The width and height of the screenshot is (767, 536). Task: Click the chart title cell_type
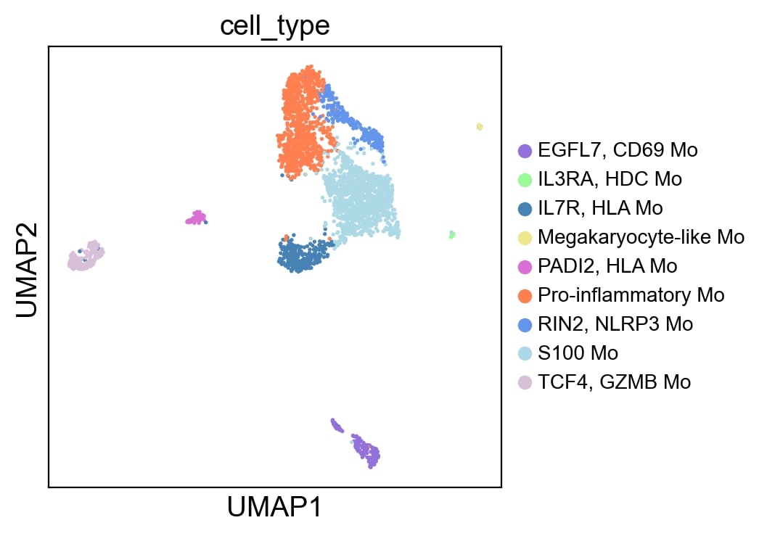coord(275,25)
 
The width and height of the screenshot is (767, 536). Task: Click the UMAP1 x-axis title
coord(275,507)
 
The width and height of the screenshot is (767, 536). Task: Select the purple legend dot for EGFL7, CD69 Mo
coord(525,150)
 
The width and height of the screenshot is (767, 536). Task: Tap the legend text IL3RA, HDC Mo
coord(610,179)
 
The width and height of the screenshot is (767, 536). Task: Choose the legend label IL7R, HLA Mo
coord(600,208)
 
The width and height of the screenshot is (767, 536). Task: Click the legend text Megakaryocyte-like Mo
coord(641,237)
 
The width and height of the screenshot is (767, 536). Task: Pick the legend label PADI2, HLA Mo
coord(607,266)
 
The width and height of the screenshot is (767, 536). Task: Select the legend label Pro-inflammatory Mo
coord(631,295)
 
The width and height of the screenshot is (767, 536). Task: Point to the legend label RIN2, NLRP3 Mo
coord(615,324)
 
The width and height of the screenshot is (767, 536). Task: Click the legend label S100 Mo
coord(578,353)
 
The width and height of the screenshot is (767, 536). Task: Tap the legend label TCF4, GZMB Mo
coord(614,382)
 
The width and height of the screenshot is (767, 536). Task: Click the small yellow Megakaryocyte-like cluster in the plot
coord(480,127)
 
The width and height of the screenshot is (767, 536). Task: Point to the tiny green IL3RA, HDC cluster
coord(451,234)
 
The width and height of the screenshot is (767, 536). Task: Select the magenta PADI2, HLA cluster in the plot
coord(196,217)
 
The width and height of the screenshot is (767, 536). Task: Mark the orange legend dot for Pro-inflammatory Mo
coord(525,295)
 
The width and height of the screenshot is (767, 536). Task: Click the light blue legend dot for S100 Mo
coord(525,353)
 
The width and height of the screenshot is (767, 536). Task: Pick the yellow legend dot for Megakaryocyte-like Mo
coord(525,237)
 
